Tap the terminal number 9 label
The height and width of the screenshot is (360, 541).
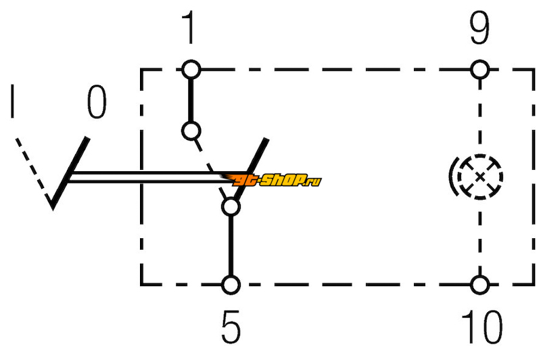(x=479, y=28)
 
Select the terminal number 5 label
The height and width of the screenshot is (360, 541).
(x=231, y=326)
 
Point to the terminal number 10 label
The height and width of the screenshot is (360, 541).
(x=482, y=326)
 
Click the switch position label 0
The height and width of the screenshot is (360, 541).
(x=97, y=102)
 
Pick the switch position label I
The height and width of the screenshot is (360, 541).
(x=13, y=101)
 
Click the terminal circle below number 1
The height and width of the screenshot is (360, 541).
(x=191, y=70)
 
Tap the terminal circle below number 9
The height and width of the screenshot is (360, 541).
(x=480, y=70)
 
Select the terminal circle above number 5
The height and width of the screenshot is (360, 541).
(x=231, y=285)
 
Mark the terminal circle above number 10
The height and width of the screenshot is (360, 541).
(x=480, y=285)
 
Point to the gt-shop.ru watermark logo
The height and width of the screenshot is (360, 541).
(x=272, y=180)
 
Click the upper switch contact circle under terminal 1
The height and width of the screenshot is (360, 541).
(x=191, y=131)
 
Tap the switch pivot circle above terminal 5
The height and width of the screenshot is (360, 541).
(x=231, y=207)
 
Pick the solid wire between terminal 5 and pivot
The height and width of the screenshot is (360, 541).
(x=231, y=246)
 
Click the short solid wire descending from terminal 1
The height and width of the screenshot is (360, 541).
(x=191, y=100)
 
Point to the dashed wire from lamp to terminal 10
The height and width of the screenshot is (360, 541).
(x=480, y=238)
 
